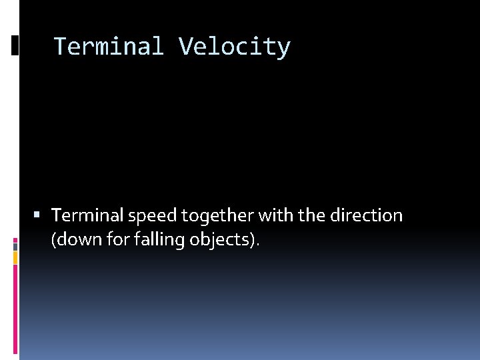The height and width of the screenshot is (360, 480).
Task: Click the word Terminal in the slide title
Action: click(108, 47)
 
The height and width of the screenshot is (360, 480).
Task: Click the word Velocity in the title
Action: click(234, 47)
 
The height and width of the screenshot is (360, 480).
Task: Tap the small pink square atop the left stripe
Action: click(15, 240)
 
